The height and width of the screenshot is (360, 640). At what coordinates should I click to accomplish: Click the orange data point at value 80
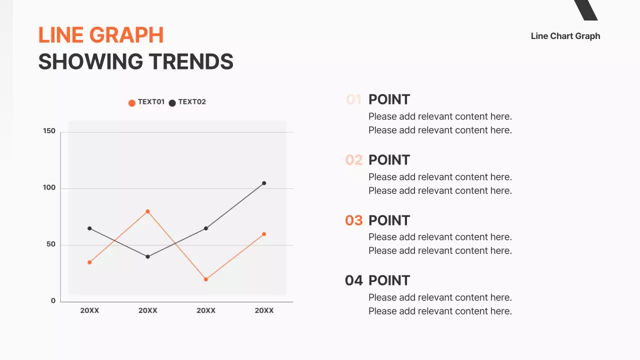pos(147,211)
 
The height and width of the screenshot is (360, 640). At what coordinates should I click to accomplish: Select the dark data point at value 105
pos(264,183)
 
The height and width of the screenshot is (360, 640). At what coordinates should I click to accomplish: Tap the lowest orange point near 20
pos(205,279)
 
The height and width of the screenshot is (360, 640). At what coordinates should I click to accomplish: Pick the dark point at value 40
pos(147,256)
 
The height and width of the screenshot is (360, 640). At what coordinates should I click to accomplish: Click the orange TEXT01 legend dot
pos(132,103)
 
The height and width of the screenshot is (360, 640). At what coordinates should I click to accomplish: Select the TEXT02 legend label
pos(192,102)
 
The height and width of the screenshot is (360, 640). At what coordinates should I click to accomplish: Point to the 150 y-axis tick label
pos(49,131)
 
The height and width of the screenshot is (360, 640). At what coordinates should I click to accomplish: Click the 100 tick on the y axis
pos(49,187)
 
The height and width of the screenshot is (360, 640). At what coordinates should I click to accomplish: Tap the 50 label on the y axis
pos(51,244)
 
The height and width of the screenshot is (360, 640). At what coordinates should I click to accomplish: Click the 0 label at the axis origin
pos(53,301)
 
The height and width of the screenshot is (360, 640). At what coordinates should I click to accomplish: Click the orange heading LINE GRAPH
pos(101,35)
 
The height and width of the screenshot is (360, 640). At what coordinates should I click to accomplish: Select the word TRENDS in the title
pos(191,62)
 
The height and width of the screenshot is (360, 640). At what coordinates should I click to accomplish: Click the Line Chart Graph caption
pos(565,36)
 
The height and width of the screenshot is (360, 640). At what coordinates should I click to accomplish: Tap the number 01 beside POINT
pos(353,99)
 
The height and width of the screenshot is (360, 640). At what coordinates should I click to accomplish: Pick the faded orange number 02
pos(353,160)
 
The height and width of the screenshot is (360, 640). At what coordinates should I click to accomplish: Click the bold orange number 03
pos(353,220)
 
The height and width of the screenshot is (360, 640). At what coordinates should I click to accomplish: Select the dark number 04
pos(353,280)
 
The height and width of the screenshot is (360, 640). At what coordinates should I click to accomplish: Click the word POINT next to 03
pos(389,220)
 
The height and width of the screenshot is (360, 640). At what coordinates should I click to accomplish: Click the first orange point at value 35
pos(89,262)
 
